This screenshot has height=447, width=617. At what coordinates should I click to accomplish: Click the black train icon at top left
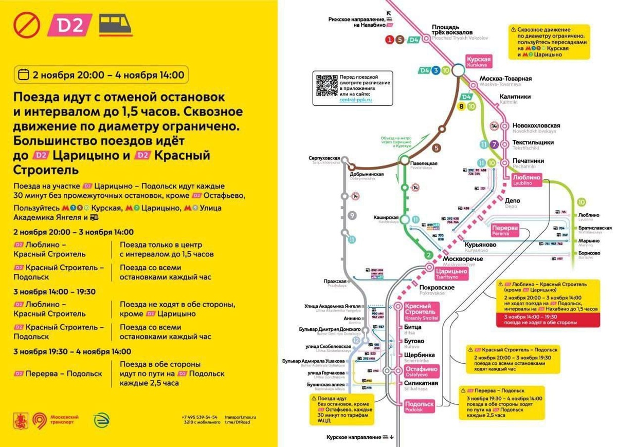pos(115,25)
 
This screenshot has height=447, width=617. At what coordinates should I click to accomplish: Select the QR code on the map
pos(326,85)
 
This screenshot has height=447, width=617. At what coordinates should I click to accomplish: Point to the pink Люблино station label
pos(527,179)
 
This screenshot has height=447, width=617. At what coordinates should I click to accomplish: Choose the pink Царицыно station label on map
pos(450,273)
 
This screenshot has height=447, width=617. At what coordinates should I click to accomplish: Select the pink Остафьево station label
pos(421,370)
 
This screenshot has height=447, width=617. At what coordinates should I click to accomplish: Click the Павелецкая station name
pos(424,164)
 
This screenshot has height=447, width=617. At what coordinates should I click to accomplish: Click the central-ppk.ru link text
pos(355,100)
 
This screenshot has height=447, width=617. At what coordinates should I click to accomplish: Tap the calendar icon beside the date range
pos(23,75)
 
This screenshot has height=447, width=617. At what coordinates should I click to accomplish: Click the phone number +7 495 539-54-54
pos(199,417)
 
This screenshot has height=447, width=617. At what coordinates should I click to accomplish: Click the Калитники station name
pos(515,97)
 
